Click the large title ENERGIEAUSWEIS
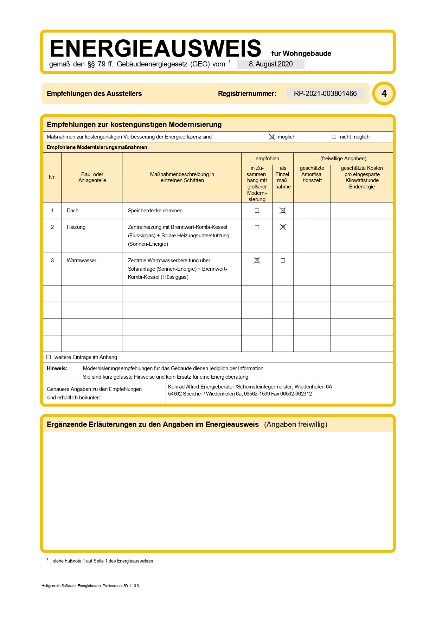click(155, 49)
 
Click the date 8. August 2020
click(270, 64)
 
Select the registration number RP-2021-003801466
click(325, 94)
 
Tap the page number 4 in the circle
click(384, 94)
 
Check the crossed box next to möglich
click(271, 137)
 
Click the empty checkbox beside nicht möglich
click(334, 137)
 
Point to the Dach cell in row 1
click(73, 211)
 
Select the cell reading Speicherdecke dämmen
click(155, 211)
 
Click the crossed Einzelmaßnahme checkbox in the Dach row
click(283, 211)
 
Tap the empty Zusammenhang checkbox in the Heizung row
click(257, 227)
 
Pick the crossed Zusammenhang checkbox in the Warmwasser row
click(257, 261)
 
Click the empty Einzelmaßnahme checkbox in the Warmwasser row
click(283, 261)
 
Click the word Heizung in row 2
click(76, 227)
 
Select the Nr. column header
click(52, 177)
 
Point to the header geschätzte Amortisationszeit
click(312, 174)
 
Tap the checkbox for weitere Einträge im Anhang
click(49, 357)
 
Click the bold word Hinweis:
click(57, 368)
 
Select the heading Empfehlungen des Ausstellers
click(94, 94)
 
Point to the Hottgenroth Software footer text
click(90, 586)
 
